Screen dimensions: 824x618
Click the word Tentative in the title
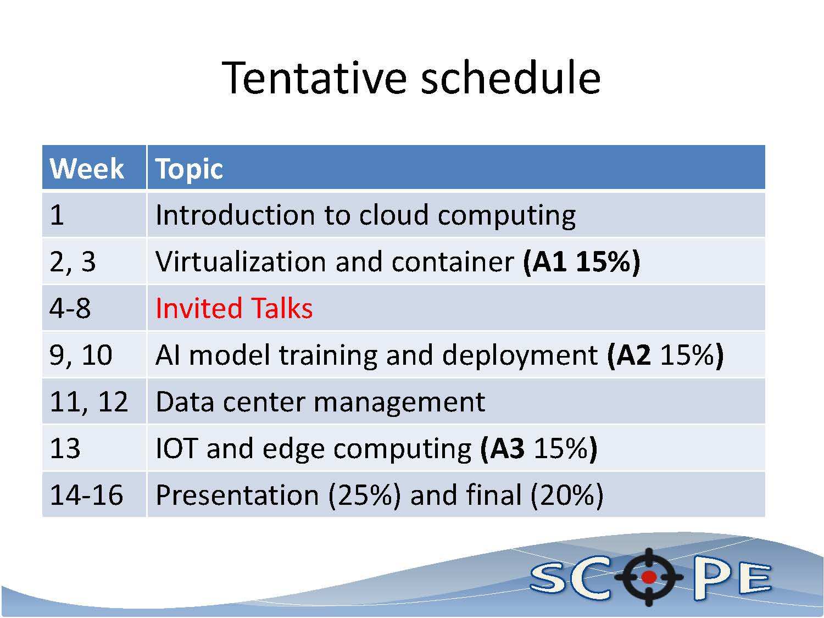(314, 77)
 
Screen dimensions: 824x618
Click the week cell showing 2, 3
(73, 261)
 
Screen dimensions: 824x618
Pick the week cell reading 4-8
(70, 308)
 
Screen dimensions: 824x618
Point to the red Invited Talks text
(234, 308)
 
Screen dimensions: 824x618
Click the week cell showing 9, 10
(81, 355)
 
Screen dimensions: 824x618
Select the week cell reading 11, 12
(88, 402)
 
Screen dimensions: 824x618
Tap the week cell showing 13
(65, 448)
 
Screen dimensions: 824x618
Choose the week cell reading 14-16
(86, 494)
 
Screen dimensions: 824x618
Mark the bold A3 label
(507, 448)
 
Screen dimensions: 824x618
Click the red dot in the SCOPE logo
(649, 577)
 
